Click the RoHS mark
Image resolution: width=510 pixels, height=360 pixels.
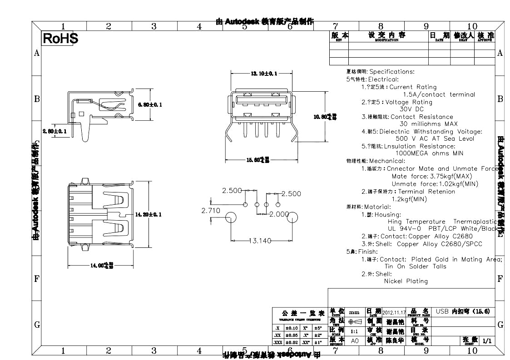point(60,39)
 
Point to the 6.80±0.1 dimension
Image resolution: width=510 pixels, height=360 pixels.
point(149,105)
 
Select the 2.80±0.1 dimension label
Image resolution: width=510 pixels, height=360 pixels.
point(54,131)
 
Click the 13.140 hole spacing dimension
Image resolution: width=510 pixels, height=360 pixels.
point(260,241)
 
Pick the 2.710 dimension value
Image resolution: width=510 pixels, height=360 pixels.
point(210,210)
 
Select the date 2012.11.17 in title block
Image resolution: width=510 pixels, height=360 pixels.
point(394,312)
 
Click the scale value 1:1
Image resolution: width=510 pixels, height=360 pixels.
point(354,331)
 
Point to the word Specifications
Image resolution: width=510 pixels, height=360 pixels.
point(391,72)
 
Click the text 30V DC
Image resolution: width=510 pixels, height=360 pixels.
point(411,109)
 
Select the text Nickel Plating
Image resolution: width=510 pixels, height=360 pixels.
point(406,281)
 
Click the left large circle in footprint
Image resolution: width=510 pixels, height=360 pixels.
point(231,217)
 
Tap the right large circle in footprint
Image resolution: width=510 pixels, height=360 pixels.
point(290,217)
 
